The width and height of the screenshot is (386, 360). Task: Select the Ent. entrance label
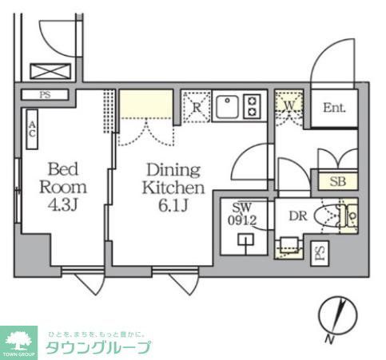pos(335,108)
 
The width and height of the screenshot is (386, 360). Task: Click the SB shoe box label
pos(336,180)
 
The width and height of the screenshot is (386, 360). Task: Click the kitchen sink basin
pos(225,106)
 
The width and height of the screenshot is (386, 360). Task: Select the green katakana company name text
pos(97,348)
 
